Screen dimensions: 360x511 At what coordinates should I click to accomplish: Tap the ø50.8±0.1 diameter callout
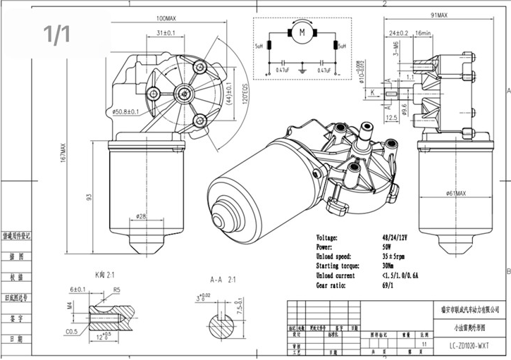click(125, 111)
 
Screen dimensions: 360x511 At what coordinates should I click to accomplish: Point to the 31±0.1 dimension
click(166, 33)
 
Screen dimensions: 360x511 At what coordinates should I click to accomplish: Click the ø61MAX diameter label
click(460, 192)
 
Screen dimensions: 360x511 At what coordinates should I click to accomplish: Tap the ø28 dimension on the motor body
click(142, 216)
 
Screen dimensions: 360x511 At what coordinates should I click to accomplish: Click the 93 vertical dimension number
click(90, 198)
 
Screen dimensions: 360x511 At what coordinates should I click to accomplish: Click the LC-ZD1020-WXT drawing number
click(472, 346)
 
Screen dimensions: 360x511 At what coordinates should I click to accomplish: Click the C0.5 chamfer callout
click(71, 331)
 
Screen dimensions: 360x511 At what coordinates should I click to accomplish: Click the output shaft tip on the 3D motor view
click(367, 127)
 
